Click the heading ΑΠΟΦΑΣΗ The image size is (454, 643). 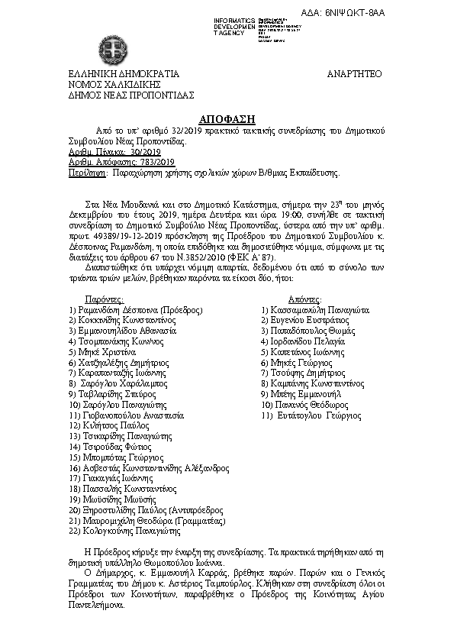227,119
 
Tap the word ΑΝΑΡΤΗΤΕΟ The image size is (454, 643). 353,74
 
